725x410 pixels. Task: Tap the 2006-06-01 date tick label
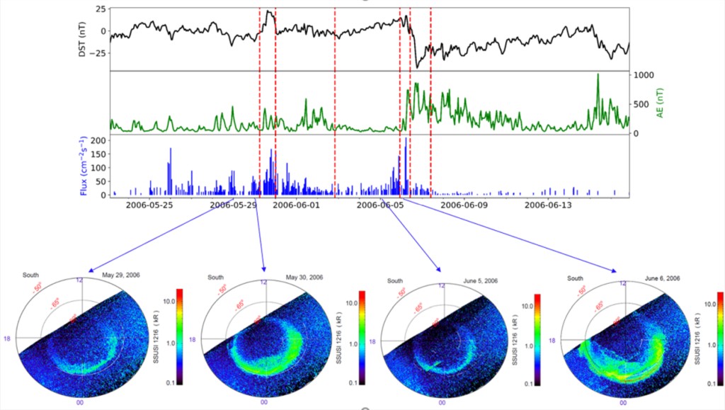pyautogui.click(x=296, y=205)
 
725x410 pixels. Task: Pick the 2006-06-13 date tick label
pyautogui.click(x=547, y=205)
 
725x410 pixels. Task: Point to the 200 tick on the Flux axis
pyautogui.click(x=100, y=141)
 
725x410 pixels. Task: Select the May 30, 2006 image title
pyautogui.click(x=304, y=277)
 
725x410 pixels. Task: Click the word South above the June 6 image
pyautogui.click(x=575, y=279)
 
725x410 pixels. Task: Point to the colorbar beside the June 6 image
pyautogui.click(x=719, y=337)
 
